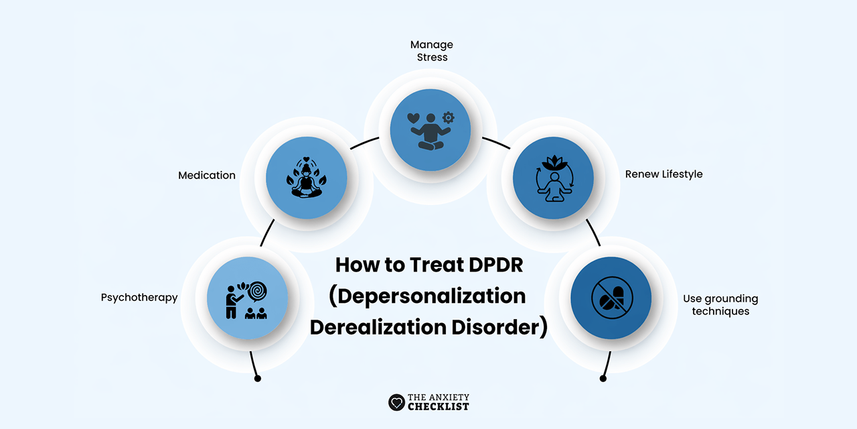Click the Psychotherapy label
click(x=139, y=298)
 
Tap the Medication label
click(x=207, y=176)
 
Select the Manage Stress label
click(x=431, y=51)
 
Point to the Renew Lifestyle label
click(x=664, y=174)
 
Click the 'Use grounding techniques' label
click(x=720, y=305)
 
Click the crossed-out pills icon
click(x=611, y=298)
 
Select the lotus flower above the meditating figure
click(x=553, y=162)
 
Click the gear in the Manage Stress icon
click(x=448, y=118)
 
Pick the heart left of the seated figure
click(x=414, y=118)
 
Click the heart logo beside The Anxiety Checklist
click(x=396, y=402)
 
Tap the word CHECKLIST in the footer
click(x=441, y=407)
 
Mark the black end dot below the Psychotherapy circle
click(x=258, y=379)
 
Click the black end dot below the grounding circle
click(x=603, y=379)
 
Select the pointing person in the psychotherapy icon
click(x=232, y=302)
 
